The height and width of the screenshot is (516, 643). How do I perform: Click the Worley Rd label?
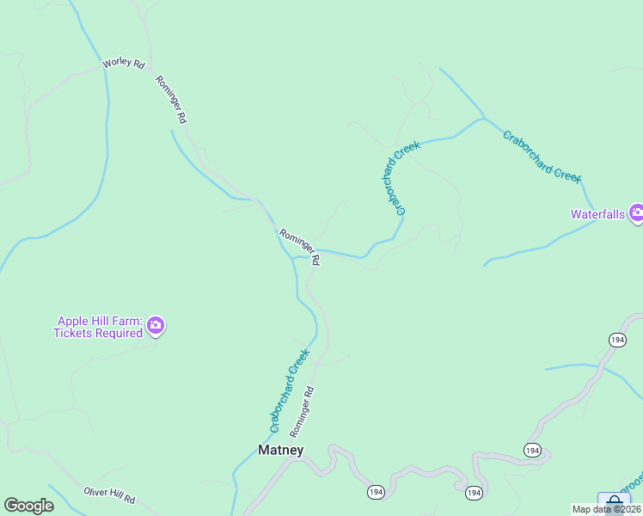click(123, 63)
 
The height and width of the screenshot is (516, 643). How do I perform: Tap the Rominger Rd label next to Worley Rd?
click(170, 100)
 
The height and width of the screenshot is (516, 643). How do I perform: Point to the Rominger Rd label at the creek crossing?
click(300, 246)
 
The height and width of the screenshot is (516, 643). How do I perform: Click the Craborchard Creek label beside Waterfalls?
click(542, 155)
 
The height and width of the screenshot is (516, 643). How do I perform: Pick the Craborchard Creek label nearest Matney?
click(289, 390)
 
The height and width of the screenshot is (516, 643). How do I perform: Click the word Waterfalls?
click(598, 214)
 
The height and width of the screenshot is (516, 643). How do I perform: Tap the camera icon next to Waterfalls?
click(636, 212)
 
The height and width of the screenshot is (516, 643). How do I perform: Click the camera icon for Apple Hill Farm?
click(156, 325)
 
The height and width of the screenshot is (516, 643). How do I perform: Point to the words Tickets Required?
click(97, 334)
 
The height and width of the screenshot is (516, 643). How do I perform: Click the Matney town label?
click(280, 450)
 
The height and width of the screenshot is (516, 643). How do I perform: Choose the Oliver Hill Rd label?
click(109, 496)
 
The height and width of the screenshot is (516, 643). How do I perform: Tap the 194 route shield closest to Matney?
click(376, 492)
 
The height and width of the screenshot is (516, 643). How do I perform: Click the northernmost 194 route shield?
click(617, 340)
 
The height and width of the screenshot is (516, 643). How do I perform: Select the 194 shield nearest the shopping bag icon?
click(532, 450)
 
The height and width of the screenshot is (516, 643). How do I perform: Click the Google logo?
click(28, 506)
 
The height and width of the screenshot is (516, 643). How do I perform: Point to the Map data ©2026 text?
click(606, 509)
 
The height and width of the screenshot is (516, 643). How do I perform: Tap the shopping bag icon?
click(614, 503)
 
